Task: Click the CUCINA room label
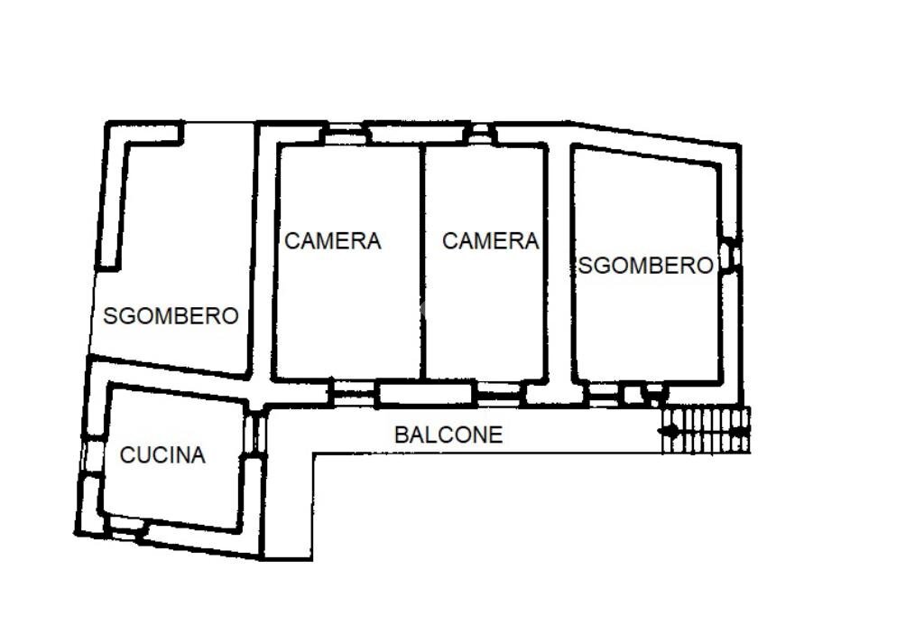coord(162,455)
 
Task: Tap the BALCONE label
coord(448,435)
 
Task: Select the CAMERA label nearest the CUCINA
coord(333,241)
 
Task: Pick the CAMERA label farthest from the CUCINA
coord(490,241)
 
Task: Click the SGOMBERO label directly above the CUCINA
coord(171,316)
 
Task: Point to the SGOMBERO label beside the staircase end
coord(646,266)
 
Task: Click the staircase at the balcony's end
coord(706,430)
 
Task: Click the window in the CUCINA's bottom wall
coord(127,528)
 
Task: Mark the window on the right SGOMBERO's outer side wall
coord(732,256)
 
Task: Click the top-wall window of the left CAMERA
coord(345,133)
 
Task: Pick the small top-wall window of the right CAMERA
coord(480,134)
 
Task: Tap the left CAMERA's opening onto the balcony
coord(354,392)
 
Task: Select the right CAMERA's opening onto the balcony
coord(499,392)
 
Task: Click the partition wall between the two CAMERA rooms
coord(422,262)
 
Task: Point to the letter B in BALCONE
coord(401,435)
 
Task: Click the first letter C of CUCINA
coord(126,455)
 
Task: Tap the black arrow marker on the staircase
coord(669,431)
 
